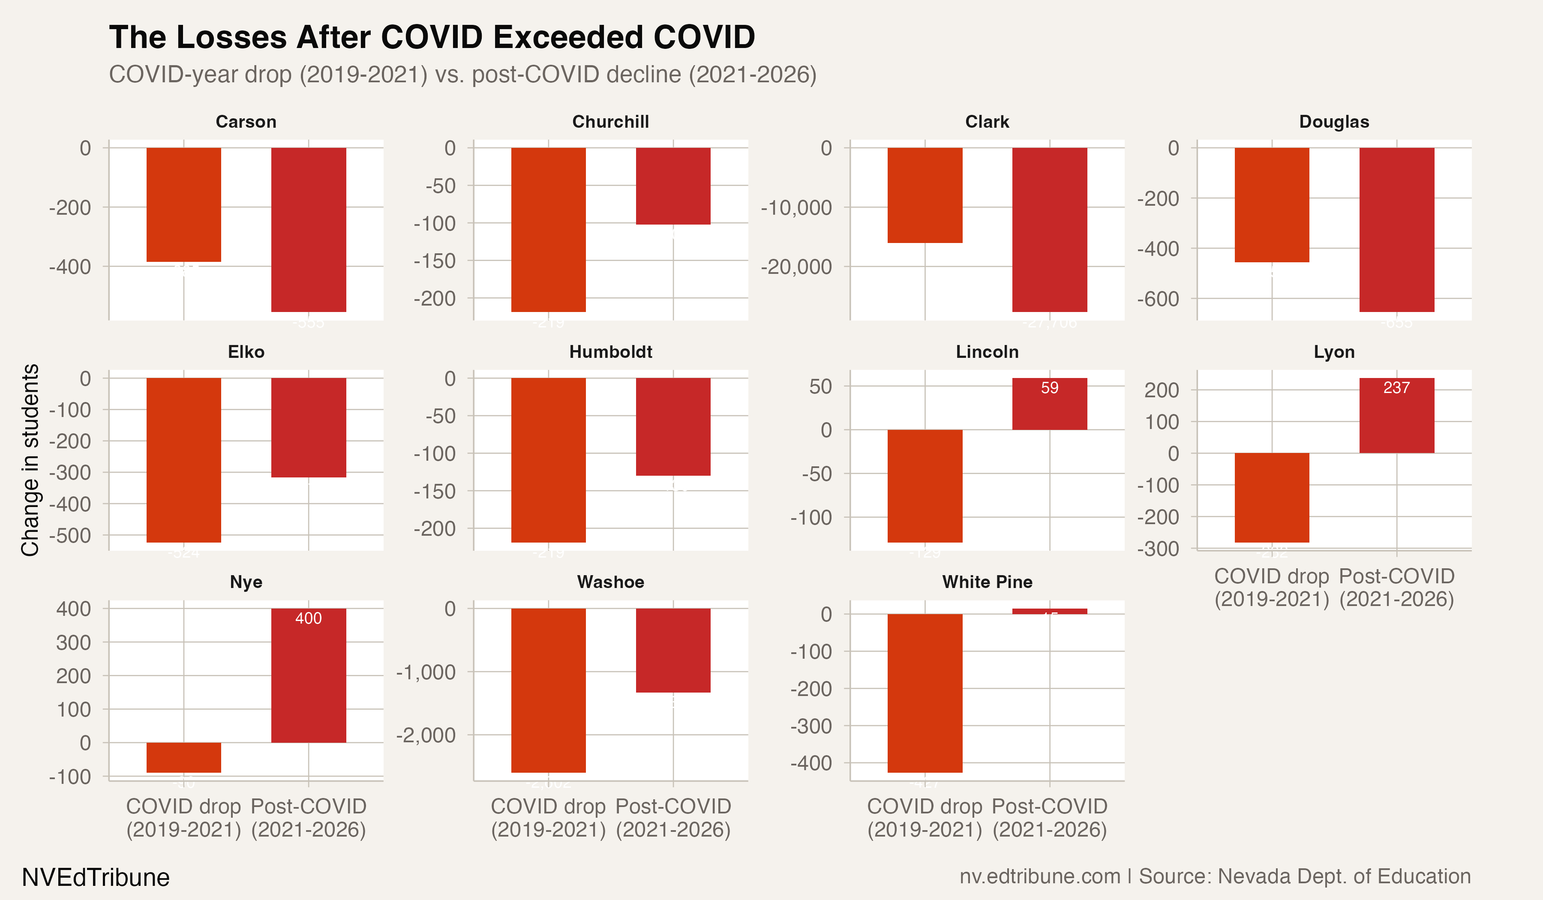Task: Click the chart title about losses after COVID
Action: [x=432, y=38]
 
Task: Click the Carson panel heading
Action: [x=246, y=122]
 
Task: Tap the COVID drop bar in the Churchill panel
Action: [x=548, y=230]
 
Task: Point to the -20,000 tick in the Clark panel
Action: [x=796, y=267]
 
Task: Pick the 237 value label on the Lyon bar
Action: [x=1396, y=387]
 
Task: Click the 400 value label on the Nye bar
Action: [x=308, y=618]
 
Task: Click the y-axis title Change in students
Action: [x=30, y=460]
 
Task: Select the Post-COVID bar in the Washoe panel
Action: [x=672, y=650]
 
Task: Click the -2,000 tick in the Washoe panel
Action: [x=426, y=735]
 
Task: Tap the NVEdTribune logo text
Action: [x=96, y=877]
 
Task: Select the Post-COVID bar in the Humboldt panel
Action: [x=672, y=427]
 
